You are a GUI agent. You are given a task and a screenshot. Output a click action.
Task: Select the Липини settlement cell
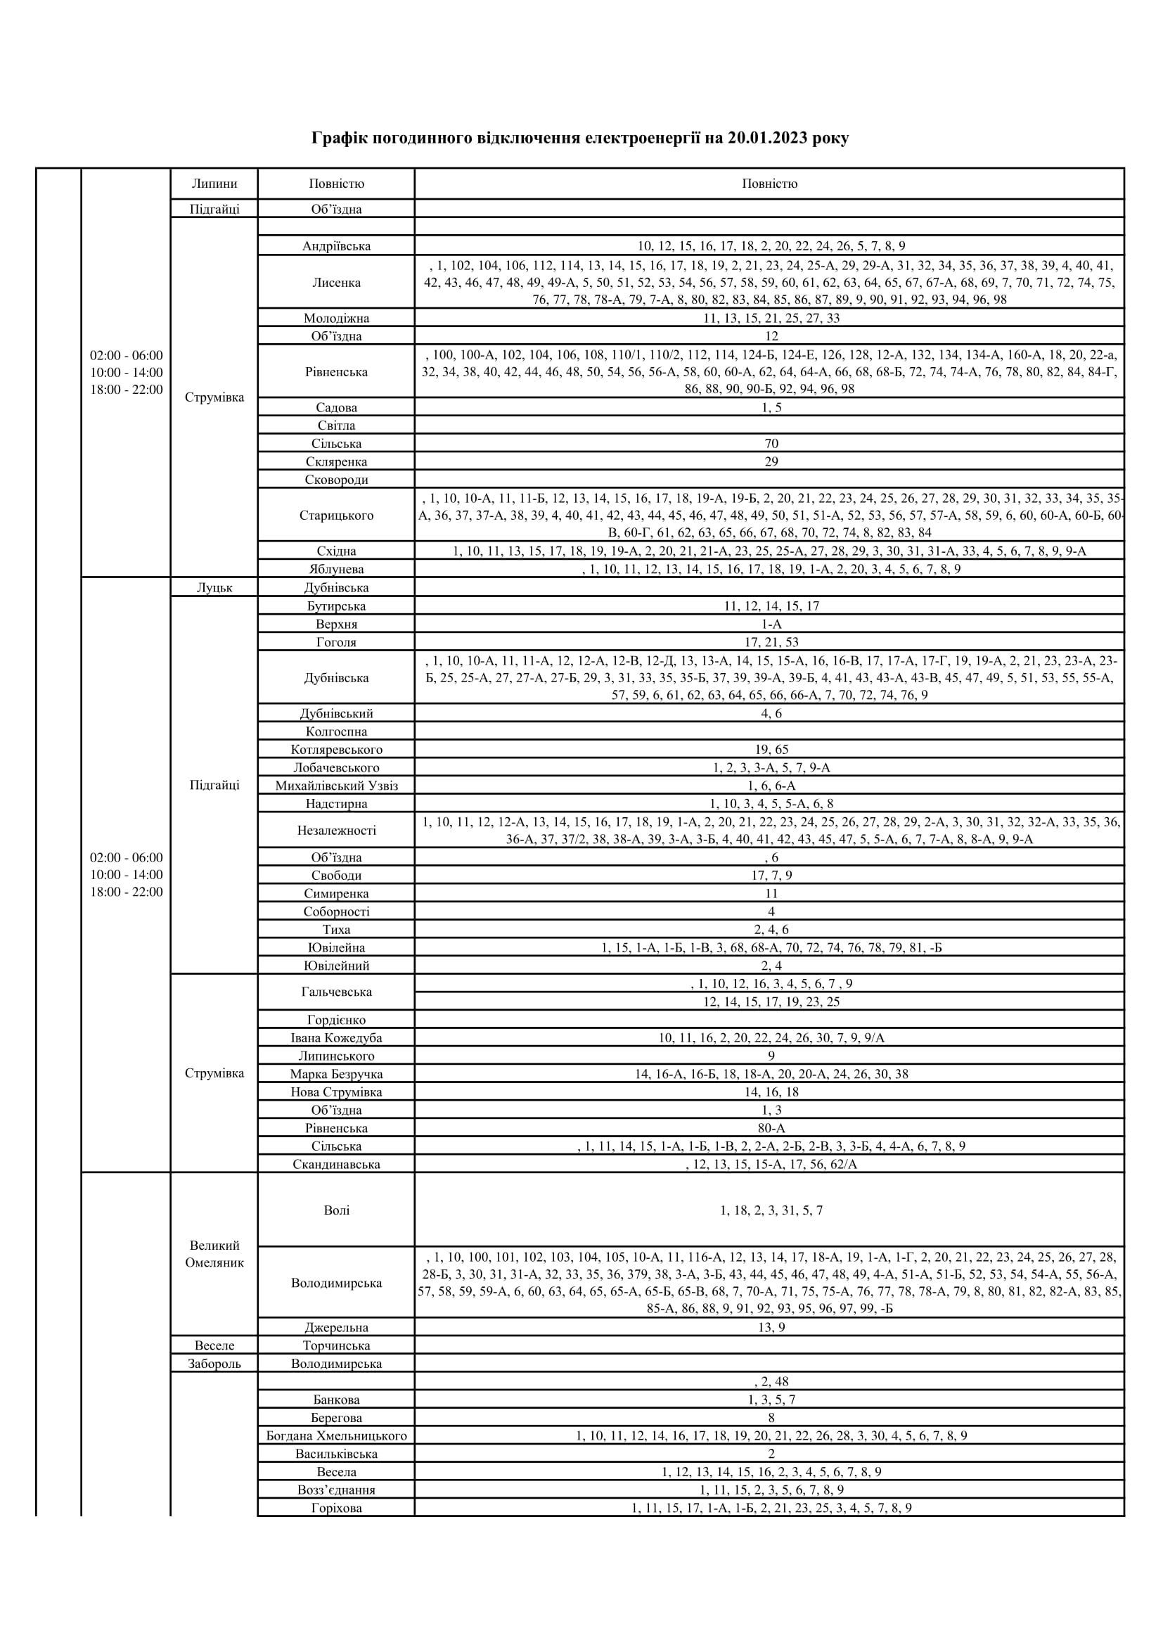(x=214, y=184)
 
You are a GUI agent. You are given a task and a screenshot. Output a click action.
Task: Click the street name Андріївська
(x=336, y=246)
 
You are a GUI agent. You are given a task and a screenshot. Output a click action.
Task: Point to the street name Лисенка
(x=336, y=282)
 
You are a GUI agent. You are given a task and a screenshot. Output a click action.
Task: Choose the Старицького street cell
(x=336, y=515)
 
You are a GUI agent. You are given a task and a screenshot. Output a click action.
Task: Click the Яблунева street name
(x=336, y=569)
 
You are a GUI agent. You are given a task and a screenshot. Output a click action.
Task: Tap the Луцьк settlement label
(x=214, y=587)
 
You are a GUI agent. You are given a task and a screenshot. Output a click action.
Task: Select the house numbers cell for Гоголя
(x=771, y=642)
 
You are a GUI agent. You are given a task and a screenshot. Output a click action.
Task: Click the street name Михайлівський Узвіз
(x=336, y=786)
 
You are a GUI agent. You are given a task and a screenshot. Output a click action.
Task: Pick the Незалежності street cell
(x=336, y=831)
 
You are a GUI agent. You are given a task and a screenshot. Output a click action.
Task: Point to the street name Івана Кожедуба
(x=336, y=1037)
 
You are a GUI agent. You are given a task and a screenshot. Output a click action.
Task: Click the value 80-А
(x=771, y=1127)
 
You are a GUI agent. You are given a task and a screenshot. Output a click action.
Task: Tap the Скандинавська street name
(x=336, y=1164)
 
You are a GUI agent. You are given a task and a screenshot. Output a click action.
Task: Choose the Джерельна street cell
(x=336, y=1328)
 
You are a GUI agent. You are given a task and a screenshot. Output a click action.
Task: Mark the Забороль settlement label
(x=214, y=1364)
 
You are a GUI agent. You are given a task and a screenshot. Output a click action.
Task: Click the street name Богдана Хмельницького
(x=336, y=1436)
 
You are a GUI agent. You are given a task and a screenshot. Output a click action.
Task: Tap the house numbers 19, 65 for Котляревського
(x=771, y=750)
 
